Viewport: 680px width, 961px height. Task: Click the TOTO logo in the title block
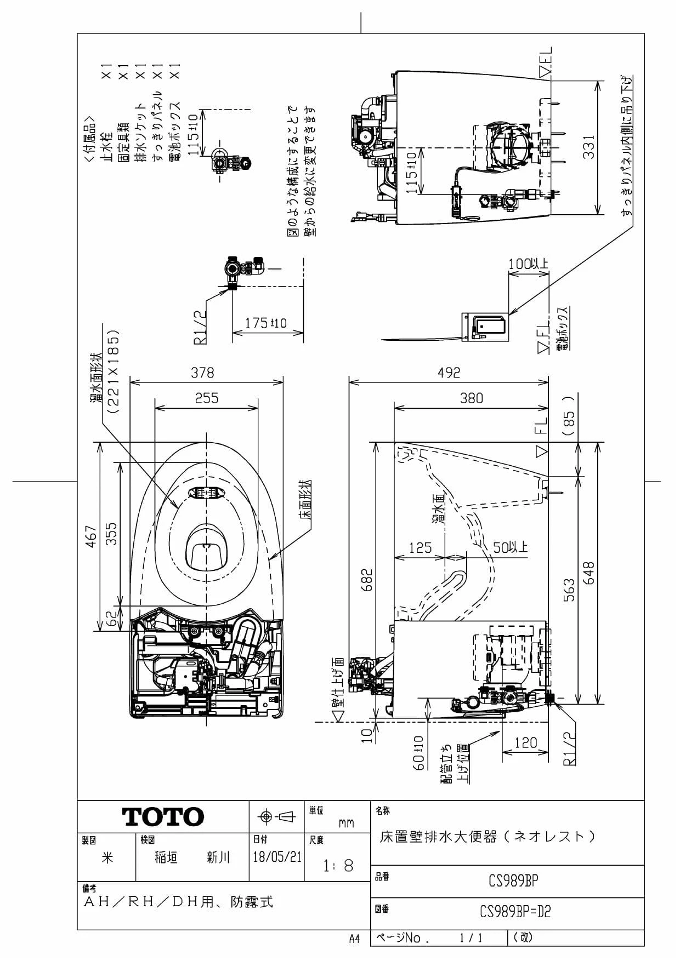[x=163, y=817]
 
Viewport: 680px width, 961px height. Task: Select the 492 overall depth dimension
[x=449, y=373]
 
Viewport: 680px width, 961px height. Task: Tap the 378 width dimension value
[x=202, y=373]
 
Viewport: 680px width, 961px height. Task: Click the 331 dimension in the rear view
[x=588, y=146]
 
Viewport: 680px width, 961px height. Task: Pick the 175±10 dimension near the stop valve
[x=265, y=323]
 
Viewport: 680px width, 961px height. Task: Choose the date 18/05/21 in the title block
[x=277, y=857]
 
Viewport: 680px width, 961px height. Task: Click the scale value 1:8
[x=338, y=866]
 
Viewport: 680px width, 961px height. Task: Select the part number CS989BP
[x=513, y=880]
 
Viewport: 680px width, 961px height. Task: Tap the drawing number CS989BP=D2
[x=515, y=912]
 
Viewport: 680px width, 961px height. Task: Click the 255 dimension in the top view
[x=207, y=398]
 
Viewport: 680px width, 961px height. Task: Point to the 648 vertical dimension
[x=588, y=573]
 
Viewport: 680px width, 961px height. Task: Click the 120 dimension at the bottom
[x=525, y=743]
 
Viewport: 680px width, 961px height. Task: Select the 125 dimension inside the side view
[x=420, y=548]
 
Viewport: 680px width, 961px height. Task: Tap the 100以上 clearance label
[x=528, y=264]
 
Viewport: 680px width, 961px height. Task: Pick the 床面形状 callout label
[x=305, y=500]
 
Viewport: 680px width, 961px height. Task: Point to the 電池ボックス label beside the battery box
[x=563, y=328]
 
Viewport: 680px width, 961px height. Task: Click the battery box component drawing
[x=485, y=327]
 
